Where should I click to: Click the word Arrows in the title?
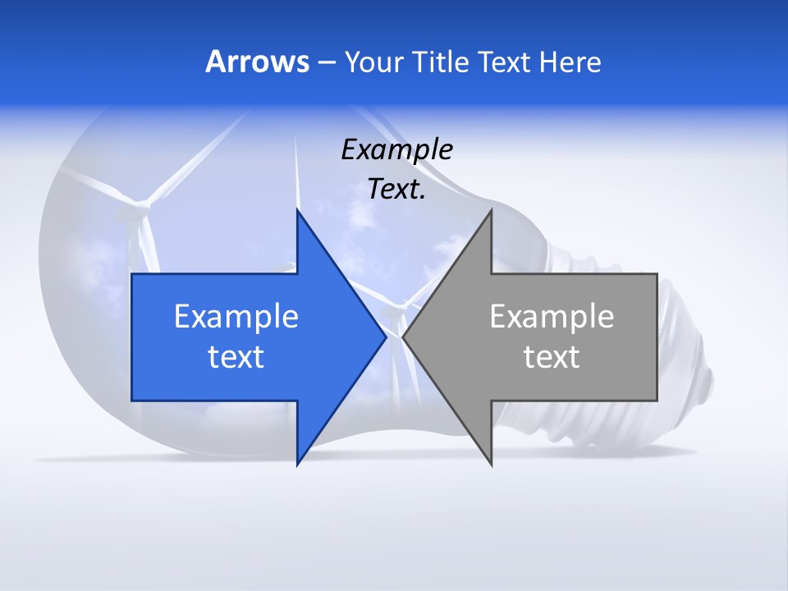click(x=258, y=62)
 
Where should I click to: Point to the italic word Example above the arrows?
click(x=396, y=149)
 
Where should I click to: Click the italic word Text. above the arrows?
click(x=396, y=189)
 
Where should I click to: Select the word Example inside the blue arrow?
click(x=236, y=316)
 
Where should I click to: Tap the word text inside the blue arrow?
click(x=236, y=357)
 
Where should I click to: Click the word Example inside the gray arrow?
click(x=552, y=316)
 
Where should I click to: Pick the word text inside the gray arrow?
click(x=552, y=357)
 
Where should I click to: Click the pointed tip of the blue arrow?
click(x=385, y=337)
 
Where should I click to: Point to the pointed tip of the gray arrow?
click(x=403, y=337)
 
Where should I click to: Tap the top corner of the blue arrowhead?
click(x=297, y=210)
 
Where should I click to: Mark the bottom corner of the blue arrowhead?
click(x=297, y=465)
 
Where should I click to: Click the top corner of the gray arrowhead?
click(x=491, y=210)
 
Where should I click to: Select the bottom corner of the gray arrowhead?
click(x=491, y=465)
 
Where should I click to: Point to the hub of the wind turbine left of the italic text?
click(x=144, y=202)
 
